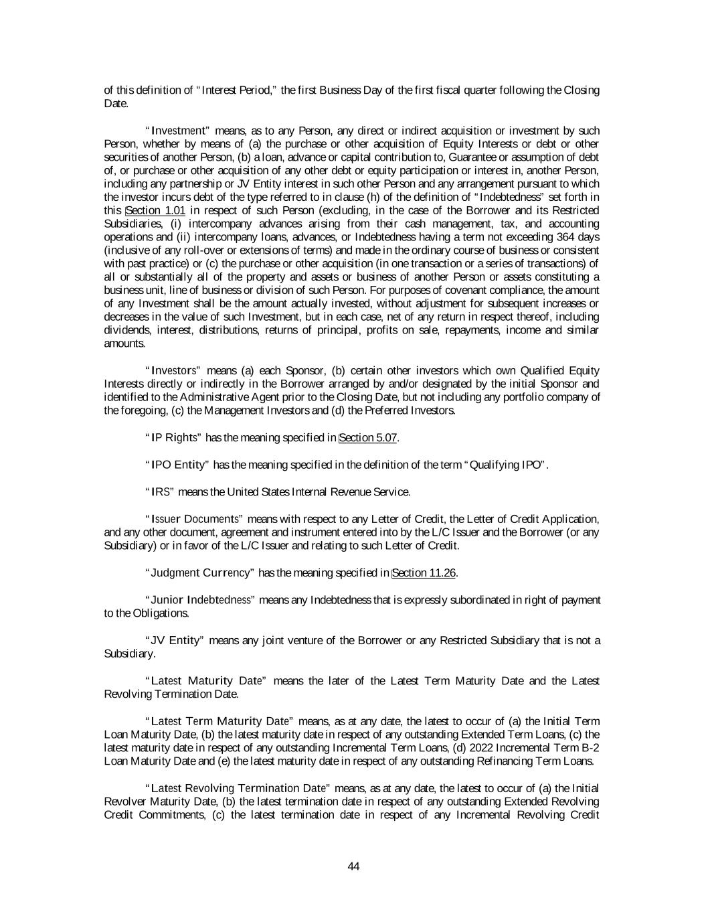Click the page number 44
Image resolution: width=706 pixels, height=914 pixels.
[354, 866]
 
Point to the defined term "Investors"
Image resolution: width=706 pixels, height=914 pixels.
[173, 370]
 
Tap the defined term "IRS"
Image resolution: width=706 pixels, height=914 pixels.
[161, 492]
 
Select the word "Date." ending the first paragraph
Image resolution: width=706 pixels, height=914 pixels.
[116, 103]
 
